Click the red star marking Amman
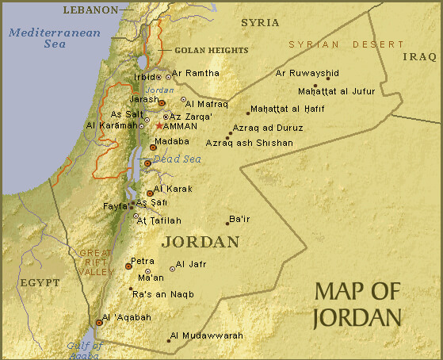(x=159, y=125)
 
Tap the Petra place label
(x=143, y=261)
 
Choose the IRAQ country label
(x=419, y=57)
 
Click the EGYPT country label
(x=40, y=281)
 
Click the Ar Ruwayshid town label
(x=307, y=73)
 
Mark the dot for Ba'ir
(x=227, y=224)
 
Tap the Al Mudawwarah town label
(x=206, y=335)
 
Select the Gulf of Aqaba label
(x=85, y=350)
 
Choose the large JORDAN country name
(x=200, y=241)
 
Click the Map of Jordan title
(x=357, y=304)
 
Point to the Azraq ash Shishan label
(x=249, y=143)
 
